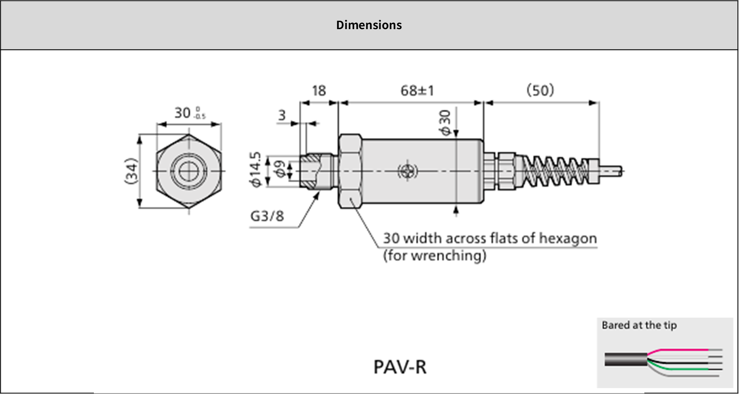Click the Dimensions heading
(x=369, y=25)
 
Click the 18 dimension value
(x=319, y=91)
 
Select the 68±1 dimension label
(x=417, y=91)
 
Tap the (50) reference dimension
(x=540, y=91)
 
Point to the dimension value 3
(x=282, y=115)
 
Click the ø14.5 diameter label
(x=256, y=169)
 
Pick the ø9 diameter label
(x=280, y=169)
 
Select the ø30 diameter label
(x=445, y=123)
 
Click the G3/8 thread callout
(x=267, y=216)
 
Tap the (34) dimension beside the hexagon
(x=131, y=171)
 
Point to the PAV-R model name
(x=400, y=367)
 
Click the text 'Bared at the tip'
(x=639, y=326)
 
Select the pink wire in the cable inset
(x=682, y=350)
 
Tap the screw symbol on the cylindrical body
(x=407, y=171)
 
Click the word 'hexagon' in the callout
(x=567, y=239)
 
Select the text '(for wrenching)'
(x=435, y=256)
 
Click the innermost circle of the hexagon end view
(x=189, y=171)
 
